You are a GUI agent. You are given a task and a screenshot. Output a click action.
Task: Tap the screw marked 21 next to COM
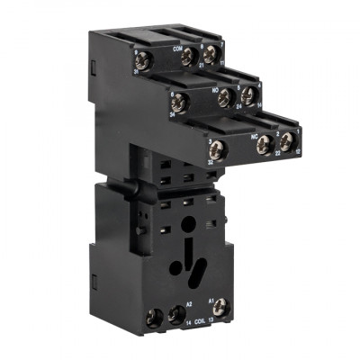pyautogui.click(x=189, y=58)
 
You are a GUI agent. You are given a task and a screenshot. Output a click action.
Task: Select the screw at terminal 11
pyautogui.click(x=211, y=56)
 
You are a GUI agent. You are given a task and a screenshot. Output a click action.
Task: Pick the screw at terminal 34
pyautogui.click(x=178, y=103)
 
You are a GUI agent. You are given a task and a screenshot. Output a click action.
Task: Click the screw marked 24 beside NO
pyautogui.click(x=226, y=98)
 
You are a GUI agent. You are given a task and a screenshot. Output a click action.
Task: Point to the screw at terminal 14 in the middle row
pyautogui.click(x=247, y=95)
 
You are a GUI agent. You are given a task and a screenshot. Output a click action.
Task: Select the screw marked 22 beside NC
pyautogui.click(x=265, y=144)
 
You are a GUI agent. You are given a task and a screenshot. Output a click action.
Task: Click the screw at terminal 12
pyautogui.click(x=286, y=141)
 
